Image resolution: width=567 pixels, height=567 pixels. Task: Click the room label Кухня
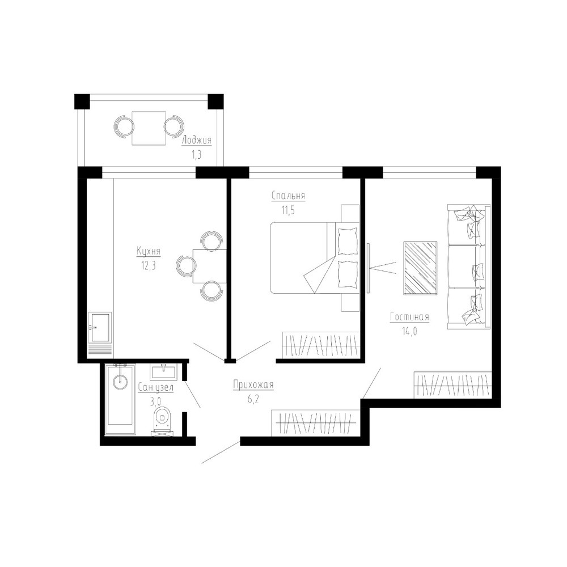(148, 251)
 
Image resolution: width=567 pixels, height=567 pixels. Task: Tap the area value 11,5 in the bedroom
(288, 210)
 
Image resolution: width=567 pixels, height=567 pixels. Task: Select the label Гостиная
(410, 317)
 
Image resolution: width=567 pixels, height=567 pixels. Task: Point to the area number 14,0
(409, 331)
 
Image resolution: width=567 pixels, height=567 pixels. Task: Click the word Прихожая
(253, 385)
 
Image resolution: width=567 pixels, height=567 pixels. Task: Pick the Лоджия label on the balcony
(196, 140)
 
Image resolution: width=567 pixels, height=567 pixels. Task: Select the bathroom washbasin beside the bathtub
(164, 372)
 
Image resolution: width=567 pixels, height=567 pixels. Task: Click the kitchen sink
(100, 328)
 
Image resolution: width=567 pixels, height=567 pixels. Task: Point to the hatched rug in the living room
(420, 268)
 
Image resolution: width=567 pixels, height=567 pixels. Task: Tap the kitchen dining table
(210, 266)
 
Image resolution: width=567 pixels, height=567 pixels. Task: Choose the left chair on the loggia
(124, 127)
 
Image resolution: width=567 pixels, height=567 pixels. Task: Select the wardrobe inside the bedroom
(321, 345)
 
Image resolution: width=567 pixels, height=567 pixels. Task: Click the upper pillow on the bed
(347, 241)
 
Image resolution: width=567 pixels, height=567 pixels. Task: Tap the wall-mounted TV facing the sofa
(368, 268)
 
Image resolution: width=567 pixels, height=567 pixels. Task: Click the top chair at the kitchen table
(211, 240)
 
